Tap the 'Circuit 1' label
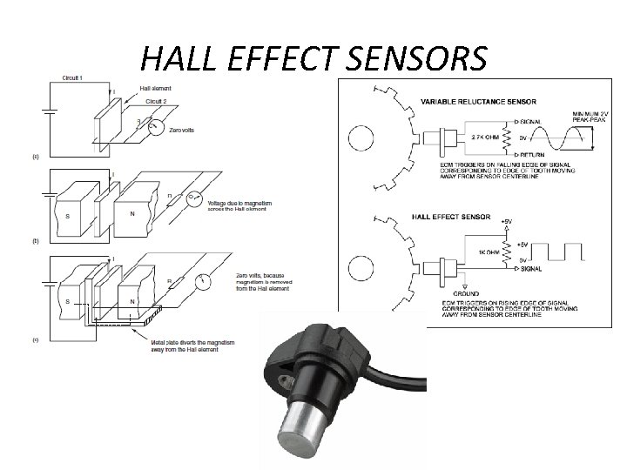[72, 78]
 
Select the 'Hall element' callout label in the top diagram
[156, 89]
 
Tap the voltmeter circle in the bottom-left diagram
[203, 282]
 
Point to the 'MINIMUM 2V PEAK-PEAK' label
[592, 117]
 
